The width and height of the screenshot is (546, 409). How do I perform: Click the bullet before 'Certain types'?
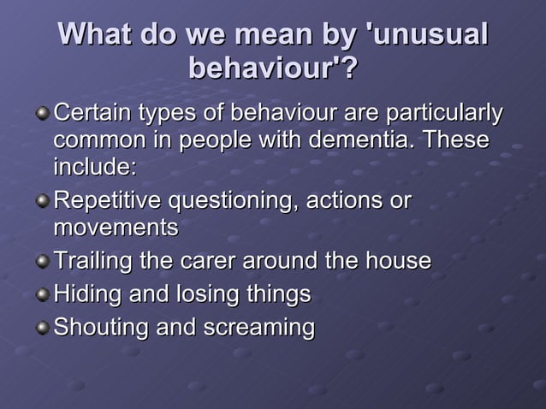pos(43,114)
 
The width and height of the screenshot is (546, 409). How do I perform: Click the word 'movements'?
pos(116,228)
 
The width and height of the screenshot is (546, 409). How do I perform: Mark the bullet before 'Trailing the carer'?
pos(43,262)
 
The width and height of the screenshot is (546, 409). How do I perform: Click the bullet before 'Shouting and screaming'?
pos(43,329)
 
